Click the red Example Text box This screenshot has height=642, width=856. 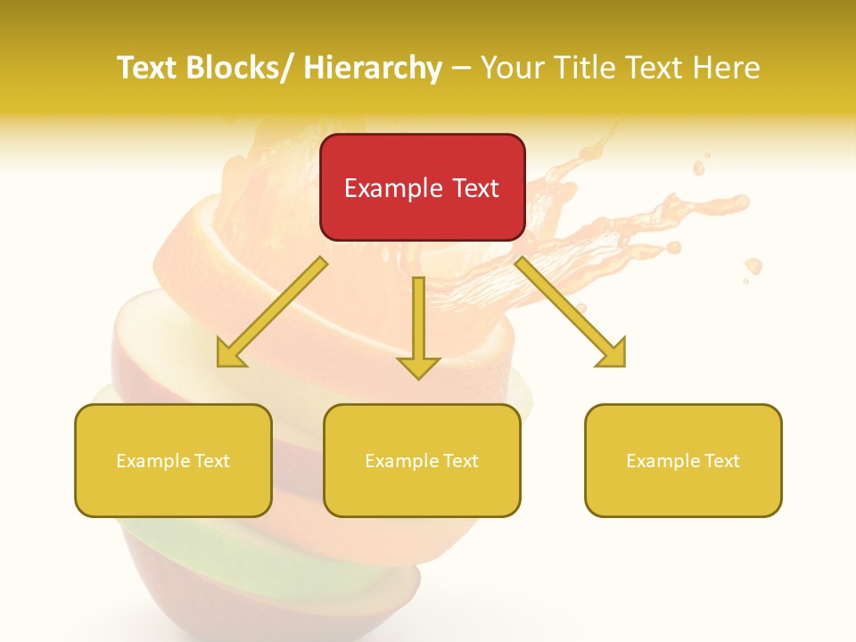tap(422, 187)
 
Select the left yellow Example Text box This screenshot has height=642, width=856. tap(173, 460)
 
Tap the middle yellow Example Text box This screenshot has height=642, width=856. tap(422, 460)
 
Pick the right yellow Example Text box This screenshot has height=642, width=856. tap(683, 460)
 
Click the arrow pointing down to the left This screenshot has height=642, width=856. tap(272, 313)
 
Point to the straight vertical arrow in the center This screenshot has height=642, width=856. tap(418, 326)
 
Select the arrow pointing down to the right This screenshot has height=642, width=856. tap(571, 313)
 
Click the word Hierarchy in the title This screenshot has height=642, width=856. tap(373, 68)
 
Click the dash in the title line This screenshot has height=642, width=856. tap(461, 68)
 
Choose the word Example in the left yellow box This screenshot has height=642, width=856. tap(153, 461)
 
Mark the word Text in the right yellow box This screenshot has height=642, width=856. tap(720, 461)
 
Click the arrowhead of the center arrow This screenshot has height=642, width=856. tap(418, 366)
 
